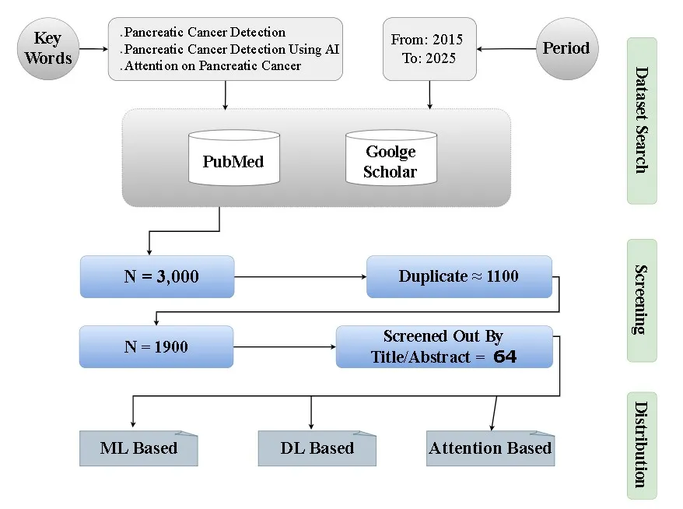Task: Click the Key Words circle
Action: pyautogui.click(x=48, y=48)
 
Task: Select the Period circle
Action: pyautogui.click(x=566, y=48)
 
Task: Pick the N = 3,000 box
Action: pyautogui.click(x=156, y=276)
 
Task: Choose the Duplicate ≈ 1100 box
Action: pyautogui.click(x=459, y=276)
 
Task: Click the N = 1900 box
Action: pyautogui.click(x=156, y=347)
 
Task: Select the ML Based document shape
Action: pyautogui.click(x=138, y=448)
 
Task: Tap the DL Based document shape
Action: pyautogui.click(x=317, y=448)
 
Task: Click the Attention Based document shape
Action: pyautogui.click(x=490, y=448)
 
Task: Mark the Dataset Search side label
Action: pyautogui.click(x=642, y=121)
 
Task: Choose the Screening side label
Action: pyautogui.click(x=642, y=300)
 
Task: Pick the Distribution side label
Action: pyautogui.click(x=642, y=444)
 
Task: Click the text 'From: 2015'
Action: pyautogui.click(x=428, y=39)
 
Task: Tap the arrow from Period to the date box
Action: pyautogui.click(x=506, y=48)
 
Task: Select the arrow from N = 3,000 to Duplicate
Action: pyautogui.click(x=299, y=276)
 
